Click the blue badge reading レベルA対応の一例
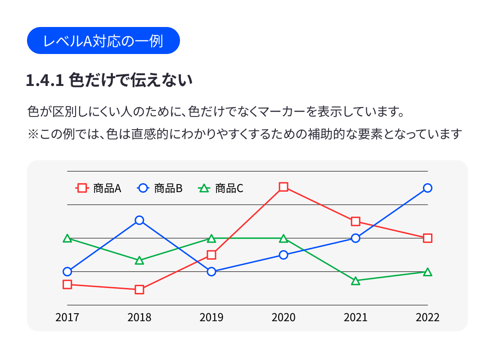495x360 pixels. click(x=103, y=40)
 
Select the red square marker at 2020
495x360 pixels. click(x=283, y=187)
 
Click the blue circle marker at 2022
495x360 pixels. click(x=427, y=188)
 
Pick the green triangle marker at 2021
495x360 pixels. click(x=355, y=281)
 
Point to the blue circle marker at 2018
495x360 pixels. click(x=139, y=220)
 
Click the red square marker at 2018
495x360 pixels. click(x=139, y=289)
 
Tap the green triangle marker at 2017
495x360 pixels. click(x=67, y=238)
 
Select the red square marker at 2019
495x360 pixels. click(x=211, y=255)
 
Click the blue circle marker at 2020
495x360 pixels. click(x=283, y=255)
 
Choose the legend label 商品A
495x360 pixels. click(x=107, y=189)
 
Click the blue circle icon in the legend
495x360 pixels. click(x=143, y=189)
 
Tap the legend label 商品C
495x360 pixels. click(x=229, y=189)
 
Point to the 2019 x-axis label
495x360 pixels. click(x=211, y=317)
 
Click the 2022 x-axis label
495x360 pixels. click(x=427, y=317)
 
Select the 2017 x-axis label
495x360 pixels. click(x=67, y=317)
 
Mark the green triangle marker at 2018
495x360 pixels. click(x=139, y=261)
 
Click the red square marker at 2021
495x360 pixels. click(x=355, y=221)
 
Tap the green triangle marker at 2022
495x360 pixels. click(x=427, y=272)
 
